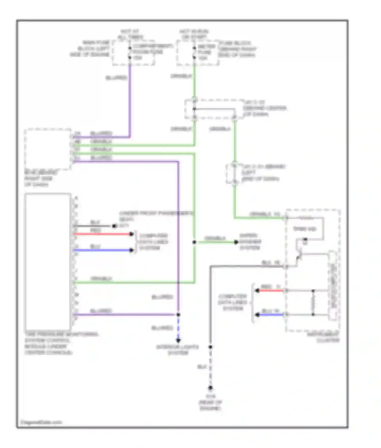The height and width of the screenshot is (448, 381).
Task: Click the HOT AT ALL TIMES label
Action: pos(130,34)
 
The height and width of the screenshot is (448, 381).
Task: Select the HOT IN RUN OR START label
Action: pos(194,34)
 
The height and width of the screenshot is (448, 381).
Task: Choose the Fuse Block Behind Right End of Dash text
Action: pos(237,49)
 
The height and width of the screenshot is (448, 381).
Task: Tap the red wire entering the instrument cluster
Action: pos(271,290)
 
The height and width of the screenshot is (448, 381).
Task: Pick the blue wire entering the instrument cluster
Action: pos(271,315)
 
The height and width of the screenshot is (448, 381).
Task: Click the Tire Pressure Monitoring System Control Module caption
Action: pos(61,343)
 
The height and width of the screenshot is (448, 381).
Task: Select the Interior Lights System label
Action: pos(178,350)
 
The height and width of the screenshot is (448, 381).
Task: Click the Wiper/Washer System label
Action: pos(250,242)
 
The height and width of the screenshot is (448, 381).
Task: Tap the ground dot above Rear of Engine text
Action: pos(210,388)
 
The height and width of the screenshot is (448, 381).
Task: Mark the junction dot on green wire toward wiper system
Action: pos(194,242)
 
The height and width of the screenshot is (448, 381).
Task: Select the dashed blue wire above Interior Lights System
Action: pos(178,328)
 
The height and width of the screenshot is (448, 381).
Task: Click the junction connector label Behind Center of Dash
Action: pos(264,108)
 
